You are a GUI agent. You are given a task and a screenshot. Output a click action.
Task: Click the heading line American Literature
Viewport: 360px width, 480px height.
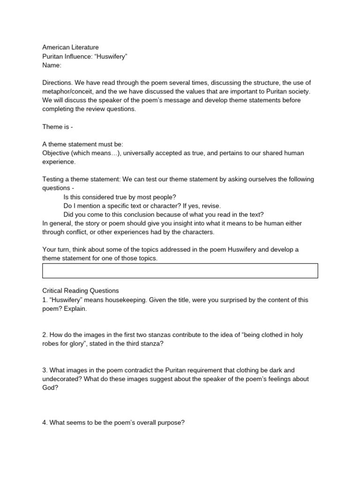tap(70, 47)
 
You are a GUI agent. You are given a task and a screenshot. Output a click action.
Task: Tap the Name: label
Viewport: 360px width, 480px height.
tap(52, 65)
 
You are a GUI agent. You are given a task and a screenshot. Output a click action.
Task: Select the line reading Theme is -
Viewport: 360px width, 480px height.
tap(58, 127)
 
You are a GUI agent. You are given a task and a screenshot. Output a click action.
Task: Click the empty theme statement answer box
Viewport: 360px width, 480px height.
tap(180, 271)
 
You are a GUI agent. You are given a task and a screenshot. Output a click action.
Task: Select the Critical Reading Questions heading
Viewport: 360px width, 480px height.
tap(81, 291)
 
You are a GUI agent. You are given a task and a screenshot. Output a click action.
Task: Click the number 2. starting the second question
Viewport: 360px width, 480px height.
tap(45, 335)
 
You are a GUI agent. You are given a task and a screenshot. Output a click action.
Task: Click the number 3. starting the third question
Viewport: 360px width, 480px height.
tap(45, 370)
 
